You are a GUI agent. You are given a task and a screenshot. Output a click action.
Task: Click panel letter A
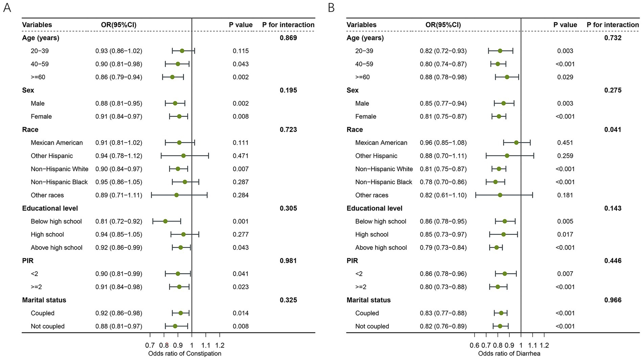click(7, 7)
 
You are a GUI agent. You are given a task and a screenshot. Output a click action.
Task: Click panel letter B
click(331, 7)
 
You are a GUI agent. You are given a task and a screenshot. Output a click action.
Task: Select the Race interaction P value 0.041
click(613, 129)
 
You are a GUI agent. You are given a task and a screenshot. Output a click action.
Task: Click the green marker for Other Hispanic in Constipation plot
click(183, 156)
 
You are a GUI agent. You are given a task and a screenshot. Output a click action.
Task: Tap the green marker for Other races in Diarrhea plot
click(500, 195)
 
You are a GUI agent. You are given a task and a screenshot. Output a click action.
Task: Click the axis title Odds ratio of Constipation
click(185, 354)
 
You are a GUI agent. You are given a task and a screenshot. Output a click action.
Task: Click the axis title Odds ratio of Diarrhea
click(509, 354)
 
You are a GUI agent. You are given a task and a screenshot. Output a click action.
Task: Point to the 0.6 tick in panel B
click(475, 345)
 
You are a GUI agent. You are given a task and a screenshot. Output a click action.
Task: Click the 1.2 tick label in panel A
click(220, 345)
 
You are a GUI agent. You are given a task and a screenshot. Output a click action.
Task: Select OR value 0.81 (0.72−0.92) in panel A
click(119, 221)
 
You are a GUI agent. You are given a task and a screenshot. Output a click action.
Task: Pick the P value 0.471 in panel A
click(240, 156)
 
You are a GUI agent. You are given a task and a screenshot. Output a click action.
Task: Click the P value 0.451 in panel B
click(565, 143)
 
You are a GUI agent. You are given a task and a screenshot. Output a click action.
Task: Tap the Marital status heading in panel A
click(44, 300)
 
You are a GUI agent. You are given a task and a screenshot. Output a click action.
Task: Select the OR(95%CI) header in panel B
click(443, 25)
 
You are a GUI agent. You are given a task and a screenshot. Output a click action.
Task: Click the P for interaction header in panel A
click(288, 25)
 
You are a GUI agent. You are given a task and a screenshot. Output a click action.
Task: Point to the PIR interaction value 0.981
click(288, 261)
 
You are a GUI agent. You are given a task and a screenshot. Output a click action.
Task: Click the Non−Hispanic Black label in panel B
click(384, 182)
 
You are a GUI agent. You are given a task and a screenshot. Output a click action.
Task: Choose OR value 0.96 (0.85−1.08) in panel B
click(443, 143)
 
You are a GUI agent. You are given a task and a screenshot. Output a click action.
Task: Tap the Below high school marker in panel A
click(165, 221)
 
